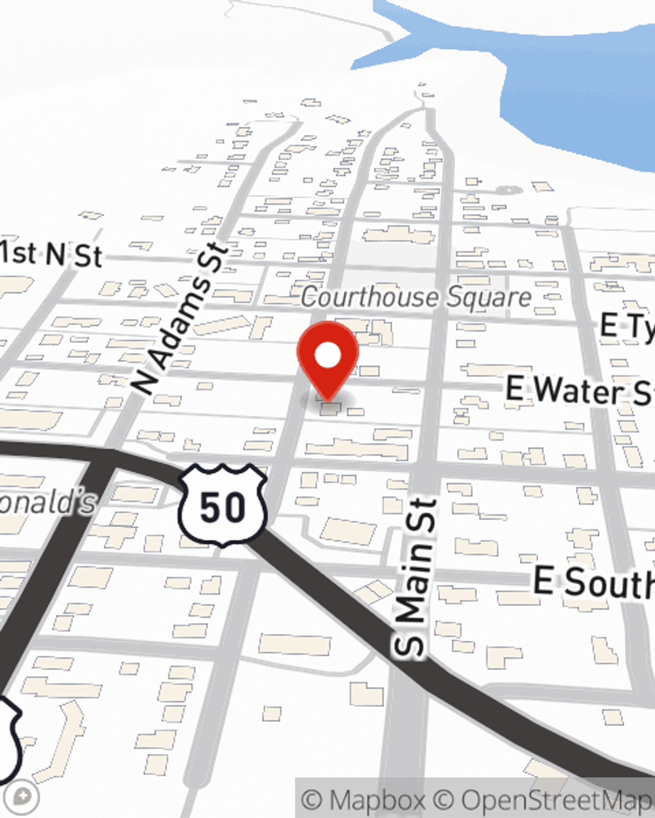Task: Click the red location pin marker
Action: click(x=327, y=360)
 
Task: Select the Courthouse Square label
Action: click(x=416, y=298)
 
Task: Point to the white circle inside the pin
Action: click(x=327, y=356)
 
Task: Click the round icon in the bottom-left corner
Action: click(x=24, y=797)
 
